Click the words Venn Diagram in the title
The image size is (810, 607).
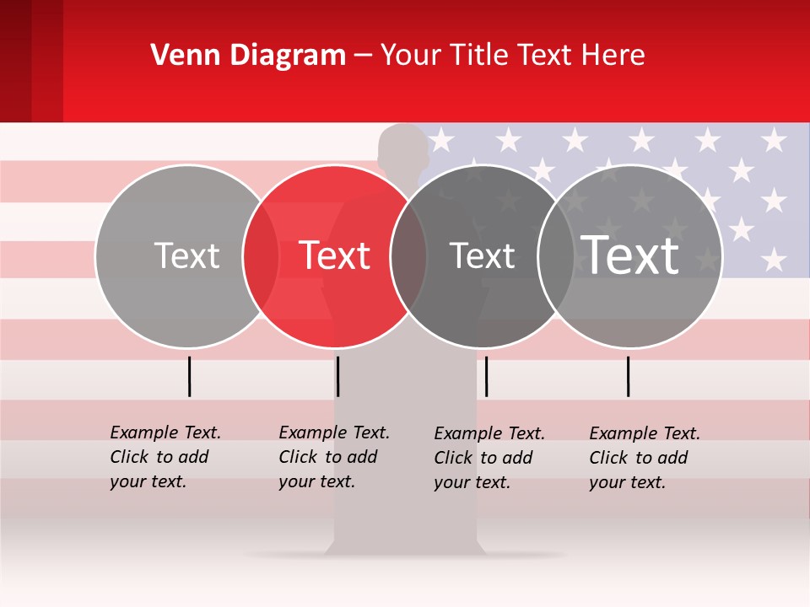pos(248,56)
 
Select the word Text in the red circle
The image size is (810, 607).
pos(335,255)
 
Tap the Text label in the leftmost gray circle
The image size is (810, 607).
pos(186,255)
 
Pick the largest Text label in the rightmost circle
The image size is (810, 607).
pos(630,255)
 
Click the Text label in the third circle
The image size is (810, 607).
pos(483,255)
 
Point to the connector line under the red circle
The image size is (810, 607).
pos(337,376)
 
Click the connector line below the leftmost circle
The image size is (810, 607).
pos(189,376)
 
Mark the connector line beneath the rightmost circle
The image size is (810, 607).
pos(628,376)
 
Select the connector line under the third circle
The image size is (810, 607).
pos(486,376)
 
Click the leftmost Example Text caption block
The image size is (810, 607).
pos(165,457)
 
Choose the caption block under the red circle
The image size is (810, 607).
pos(333,457)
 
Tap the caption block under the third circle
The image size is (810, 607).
pos(489,458)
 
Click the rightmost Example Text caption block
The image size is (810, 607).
pos(644,458)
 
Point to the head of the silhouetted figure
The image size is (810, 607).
pos(403,148)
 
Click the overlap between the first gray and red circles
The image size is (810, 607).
pos(261,255)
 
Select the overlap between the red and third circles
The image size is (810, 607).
pos(408,255)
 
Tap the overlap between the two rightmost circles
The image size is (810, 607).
pos(556,255)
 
